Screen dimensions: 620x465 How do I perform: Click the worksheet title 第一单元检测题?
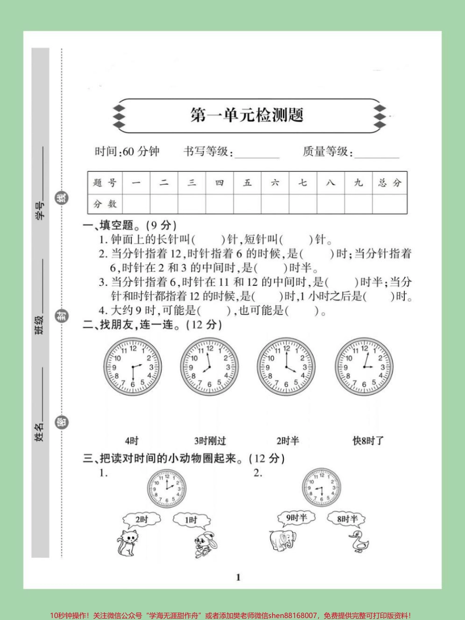point(247,115)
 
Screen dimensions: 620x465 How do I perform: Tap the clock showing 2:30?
point(132,367)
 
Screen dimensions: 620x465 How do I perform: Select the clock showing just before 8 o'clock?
point(209,367)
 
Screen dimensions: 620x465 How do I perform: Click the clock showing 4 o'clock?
point(286,367)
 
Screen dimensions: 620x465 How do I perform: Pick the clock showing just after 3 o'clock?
point(364,367)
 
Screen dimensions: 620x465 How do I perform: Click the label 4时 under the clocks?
point(131,441)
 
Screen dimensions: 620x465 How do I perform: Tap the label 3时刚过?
point(209,441)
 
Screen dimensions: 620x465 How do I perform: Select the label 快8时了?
point(368,441)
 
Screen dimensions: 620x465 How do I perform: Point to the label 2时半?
point(288,441)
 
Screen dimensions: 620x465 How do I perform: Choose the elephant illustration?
point(283,540)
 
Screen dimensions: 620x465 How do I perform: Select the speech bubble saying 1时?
point(191,520)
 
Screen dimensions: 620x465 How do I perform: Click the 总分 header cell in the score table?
point(390,183)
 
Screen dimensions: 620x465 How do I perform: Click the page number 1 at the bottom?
point(238,577)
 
